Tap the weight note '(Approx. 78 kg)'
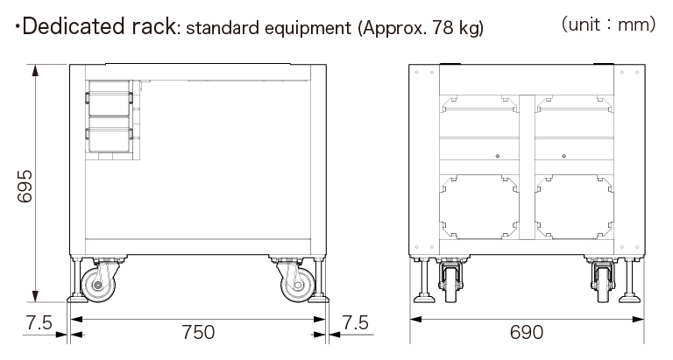[x=419, y=28]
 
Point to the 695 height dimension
[x=25, y=186]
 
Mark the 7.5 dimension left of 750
[x=39, y=322]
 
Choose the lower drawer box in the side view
[x=109, y=138]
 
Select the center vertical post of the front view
[x=526, y=166]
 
